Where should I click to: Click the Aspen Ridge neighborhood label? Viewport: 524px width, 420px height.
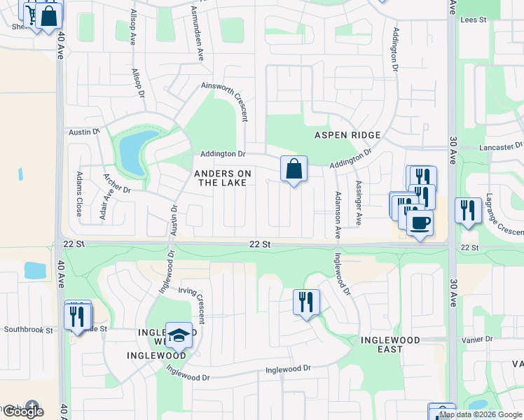[347, 135]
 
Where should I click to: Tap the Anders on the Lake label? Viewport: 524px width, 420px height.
[222, 178]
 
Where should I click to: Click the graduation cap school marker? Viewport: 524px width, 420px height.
[179, 335]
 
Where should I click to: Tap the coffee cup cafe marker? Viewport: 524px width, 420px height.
[420, 223]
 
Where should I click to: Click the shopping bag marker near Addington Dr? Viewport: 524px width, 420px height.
[294, 169]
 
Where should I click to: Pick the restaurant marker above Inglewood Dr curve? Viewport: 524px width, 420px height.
[306, 302]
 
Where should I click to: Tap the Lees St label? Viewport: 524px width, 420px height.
[474, 20]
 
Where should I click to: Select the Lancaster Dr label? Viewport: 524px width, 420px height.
[501, 147]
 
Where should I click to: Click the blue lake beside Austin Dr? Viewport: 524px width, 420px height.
[131, 153]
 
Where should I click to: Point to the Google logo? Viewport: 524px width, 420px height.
[22, 411]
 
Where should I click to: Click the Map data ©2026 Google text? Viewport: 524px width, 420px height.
[481, 414]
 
